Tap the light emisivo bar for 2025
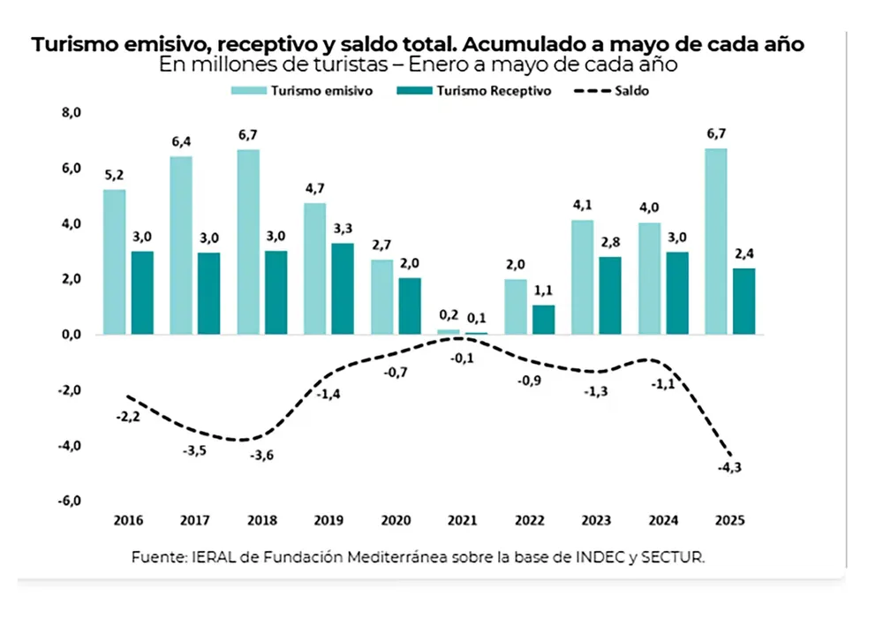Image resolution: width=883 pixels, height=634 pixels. click(716, 241)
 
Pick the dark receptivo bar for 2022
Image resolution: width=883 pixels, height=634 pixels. click(544, 320)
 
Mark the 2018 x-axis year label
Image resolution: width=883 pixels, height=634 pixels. click(262, 520)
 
